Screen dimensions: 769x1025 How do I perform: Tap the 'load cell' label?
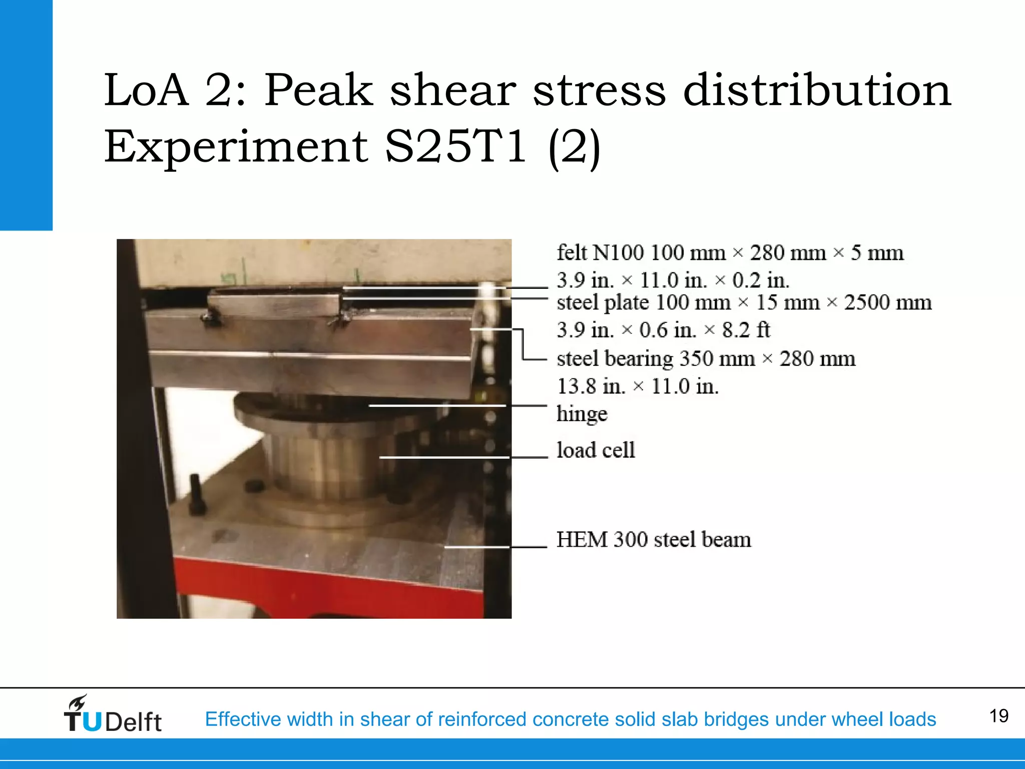[x=596, y=450]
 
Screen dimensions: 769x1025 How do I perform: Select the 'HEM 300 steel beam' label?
[x=654, y=540]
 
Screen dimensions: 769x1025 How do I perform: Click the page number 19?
[x=998, y=716]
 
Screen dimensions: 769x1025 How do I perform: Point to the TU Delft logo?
[x=113, y=715]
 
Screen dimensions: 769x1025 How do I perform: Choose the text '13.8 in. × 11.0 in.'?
[x=638, y=387]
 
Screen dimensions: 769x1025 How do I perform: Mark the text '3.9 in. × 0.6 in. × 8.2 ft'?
[x=663, y=330]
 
